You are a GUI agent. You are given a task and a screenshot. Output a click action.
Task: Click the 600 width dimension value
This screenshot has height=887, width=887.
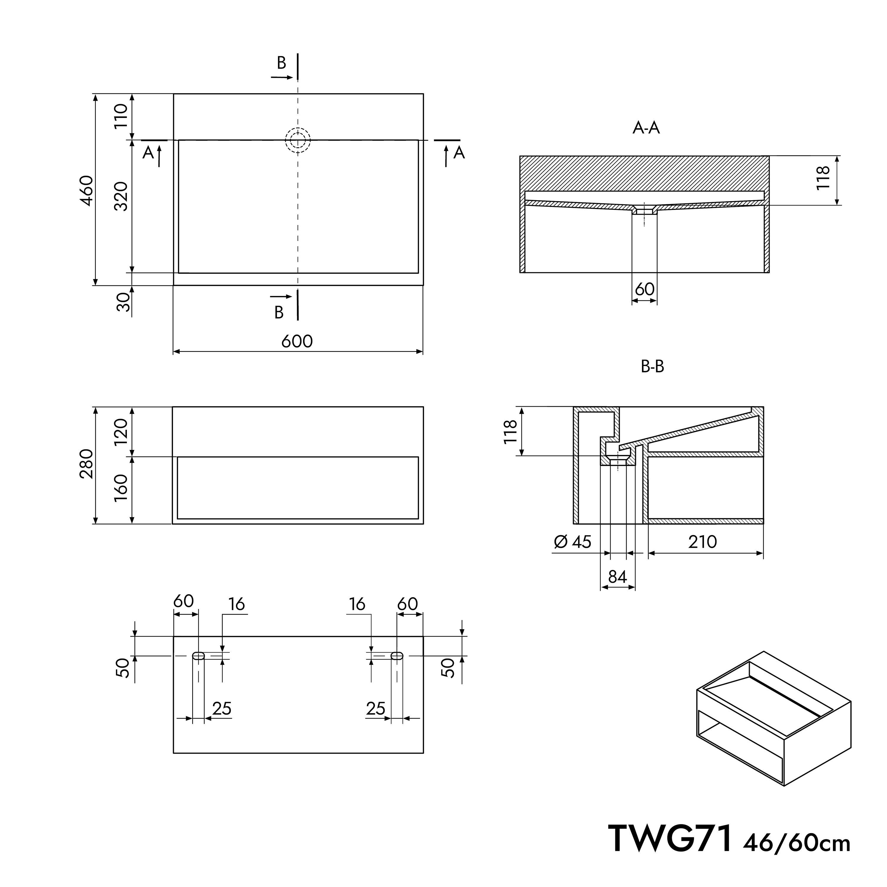click(x=297, y=341)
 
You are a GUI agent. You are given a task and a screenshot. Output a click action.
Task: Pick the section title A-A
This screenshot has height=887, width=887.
click(x=646, y=128)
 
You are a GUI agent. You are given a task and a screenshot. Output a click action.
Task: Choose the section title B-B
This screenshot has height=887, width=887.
click(x=653, y=366)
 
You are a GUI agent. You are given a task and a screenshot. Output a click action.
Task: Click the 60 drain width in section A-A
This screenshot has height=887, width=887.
click(x=645, y=289)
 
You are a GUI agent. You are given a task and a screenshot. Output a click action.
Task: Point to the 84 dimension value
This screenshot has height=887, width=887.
click(x=618, y=577)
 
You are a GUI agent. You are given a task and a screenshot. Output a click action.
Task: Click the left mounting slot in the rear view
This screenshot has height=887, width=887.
click(x=198, y=655)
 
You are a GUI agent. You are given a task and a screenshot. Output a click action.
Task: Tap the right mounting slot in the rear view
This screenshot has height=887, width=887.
click(x=397, y=655)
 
